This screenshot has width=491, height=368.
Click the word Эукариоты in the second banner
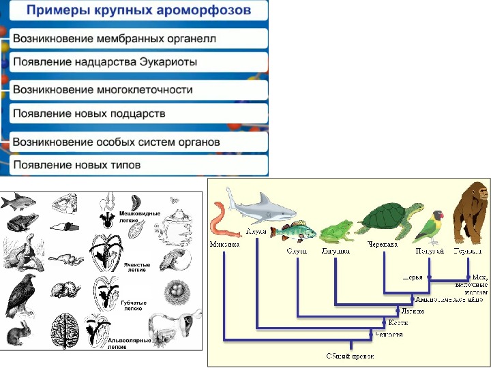[x=164, y=62]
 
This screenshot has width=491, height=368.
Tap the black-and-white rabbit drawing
[x=21, y=334]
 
